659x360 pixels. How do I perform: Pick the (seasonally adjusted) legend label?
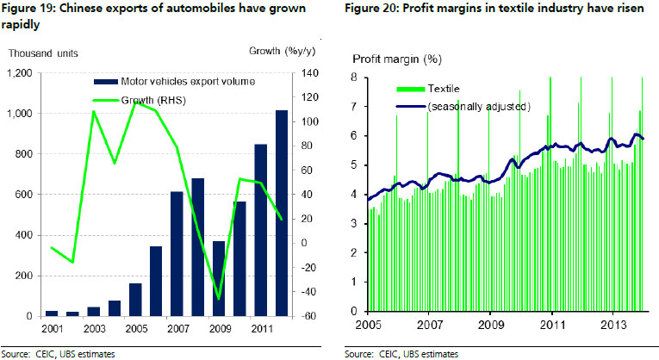[x=478, y=106]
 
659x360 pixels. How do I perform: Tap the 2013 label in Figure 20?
[x=612, y=326]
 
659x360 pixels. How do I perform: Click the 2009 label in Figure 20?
[x=490, y=326]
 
